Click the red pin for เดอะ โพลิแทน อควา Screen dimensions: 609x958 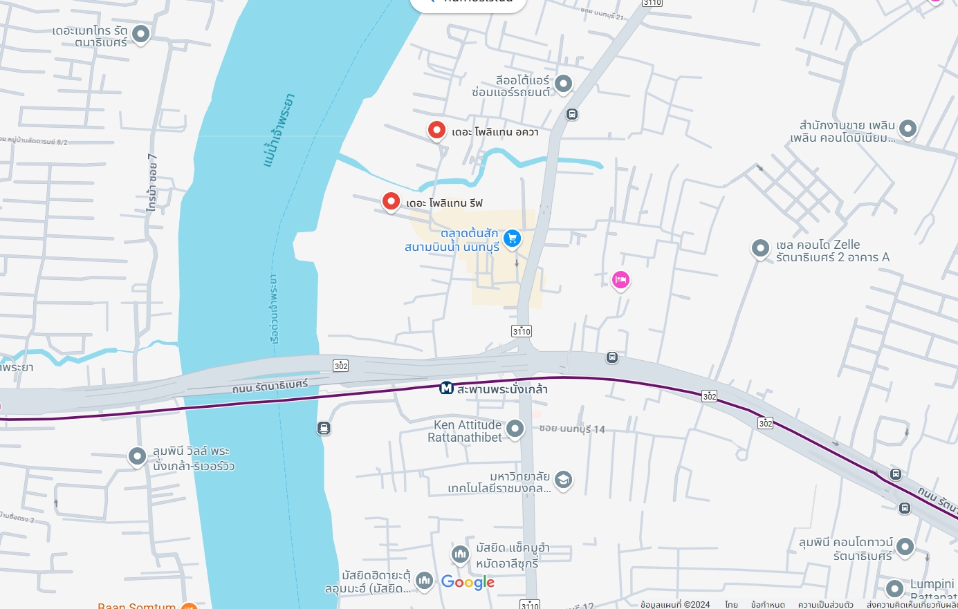[x=436, y=130]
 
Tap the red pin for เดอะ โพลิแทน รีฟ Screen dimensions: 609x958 [x=391, y=201]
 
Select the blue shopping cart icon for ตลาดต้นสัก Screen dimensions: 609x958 [x=512, y=238]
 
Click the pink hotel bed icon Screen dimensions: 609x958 [x=620, y=280]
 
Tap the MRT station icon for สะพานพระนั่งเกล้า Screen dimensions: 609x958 [x=447, y=388]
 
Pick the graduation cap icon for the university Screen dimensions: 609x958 [x=564, y=480]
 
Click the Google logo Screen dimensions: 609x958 [x=468, y=583]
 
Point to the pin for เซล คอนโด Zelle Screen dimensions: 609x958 [x=760, y=248]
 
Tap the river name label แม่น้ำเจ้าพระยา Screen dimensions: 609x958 [x=279, y=130]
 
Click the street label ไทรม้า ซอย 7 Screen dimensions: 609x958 [x=152, y=182]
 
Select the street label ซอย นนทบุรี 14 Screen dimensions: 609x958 [x=572, y=429]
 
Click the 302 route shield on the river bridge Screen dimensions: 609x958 [x=340, y=366]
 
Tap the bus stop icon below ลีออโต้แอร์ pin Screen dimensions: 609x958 [x=572, y=114]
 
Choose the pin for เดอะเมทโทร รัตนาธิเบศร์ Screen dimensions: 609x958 [x=141, y=33]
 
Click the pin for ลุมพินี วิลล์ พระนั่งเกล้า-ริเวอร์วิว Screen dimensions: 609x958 [x=137, y=456]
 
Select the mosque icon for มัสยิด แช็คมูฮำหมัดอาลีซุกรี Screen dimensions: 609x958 [x=460, y=554]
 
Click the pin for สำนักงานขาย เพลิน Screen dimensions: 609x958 [x=908, y=129]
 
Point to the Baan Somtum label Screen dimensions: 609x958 [x=137, y=606]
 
